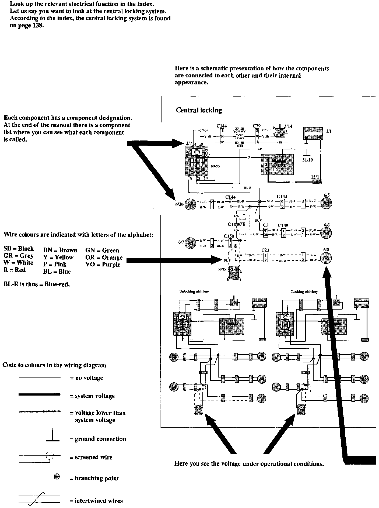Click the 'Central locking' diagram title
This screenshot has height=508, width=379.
pyautogui.click(x=199, y=110)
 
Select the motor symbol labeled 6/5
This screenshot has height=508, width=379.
pyautogui.click(x=326, y=204)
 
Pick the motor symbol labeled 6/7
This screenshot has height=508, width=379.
pyautogui.click(x=191, y=242)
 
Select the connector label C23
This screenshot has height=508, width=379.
pyautogui.click(x=265, y=250)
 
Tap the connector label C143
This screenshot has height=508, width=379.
pyautogui.click(x=282, y=197)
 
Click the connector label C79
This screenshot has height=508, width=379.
pyautogui.click(x=257, y=126)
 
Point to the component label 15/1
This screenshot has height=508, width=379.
pyautogui.click(x=315, y=177)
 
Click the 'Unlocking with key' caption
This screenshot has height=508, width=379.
pyautogui.click(x=194, y=291)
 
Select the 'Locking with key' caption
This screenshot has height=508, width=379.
pyautogui.click(x=304, y=291)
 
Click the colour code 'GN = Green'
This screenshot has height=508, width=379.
pyautogui.click(x=102, y=250)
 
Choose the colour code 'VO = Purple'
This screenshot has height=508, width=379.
pyautogui.click(x=103, y=265)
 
